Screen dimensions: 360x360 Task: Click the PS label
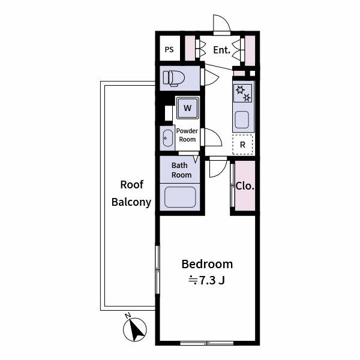[x=169, y=50]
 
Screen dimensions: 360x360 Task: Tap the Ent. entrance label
[x=221, y=50]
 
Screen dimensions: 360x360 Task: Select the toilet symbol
[x=174, y=78]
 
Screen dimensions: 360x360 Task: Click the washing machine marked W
[x=187, y=107]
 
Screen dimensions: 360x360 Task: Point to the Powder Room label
[x=187, y=135]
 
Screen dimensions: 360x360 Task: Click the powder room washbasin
[x=168, y=138]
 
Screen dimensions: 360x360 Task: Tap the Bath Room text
[x=181, y=170]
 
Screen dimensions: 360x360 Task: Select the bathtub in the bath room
[x=180, y=197]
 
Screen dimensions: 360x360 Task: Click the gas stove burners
[x=242, y=93]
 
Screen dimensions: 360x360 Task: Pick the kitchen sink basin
[x=242, y=119]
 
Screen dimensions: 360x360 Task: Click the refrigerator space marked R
[x=242, y=145]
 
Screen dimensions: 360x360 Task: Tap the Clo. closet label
[x=245, y=186]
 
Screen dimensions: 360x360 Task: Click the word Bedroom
[x=207, y=264]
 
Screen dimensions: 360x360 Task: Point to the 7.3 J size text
[x=206, y=280]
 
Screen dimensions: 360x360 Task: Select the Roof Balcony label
[x=131, y=193]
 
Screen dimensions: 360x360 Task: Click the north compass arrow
[x=135, y=329]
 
